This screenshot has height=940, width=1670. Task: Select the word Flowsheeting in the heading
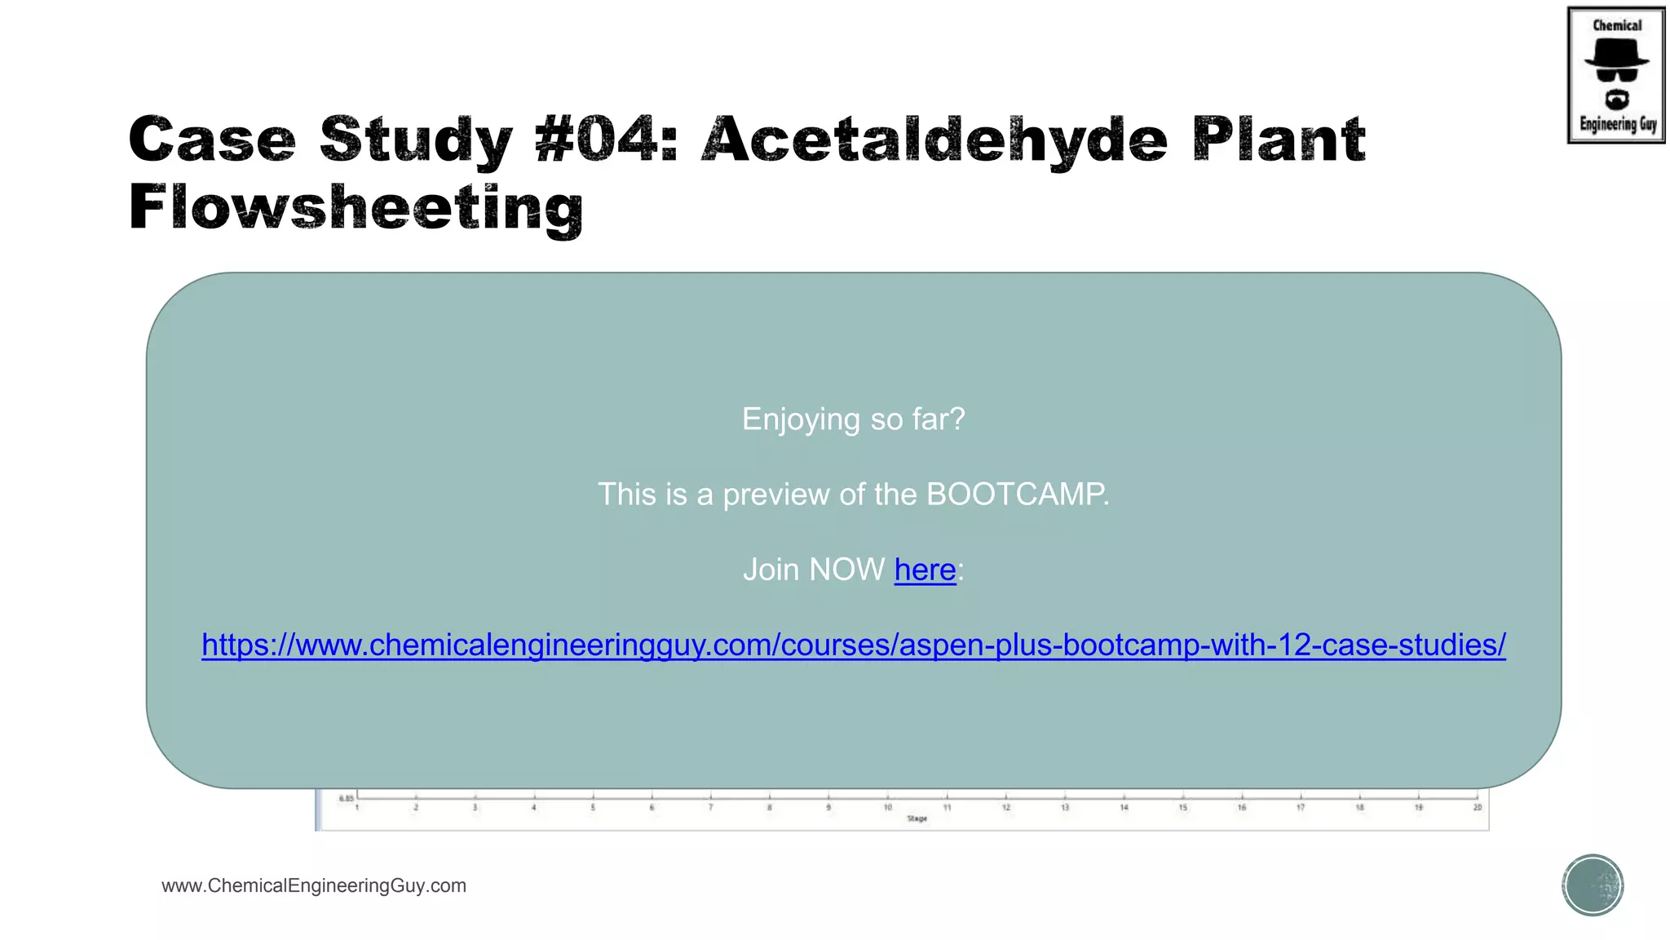[x=356, y=207]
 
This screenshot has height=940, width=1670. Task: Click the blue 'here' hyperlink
[x=925, y=570]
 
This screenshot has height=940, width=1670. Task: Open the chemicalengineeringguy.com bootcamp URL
[x=854, y=645]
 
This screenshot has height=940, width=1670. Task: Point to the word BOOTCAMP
[x=1015, y=494]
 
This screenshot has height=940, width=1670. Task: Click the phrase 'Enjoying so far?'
[x=853, y=419]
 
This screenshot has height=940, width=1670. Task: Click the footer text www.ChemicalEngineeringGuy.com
[x=314, y=885]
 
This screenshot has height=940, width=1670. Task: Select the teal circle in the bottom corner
[x=1593, y=885]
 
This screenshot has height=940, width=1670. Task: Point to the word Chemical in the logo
[x=1617, y=25]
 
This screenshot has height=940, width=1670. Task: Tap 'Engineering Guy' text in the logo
[x=1618, y=124]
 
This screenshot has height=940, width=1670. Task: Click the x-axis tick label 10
[x=888, y=807]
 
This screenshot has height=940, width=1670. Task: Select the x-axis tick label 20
[x=1477, y=807]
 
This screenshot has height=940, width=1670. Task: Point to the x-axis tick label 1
[x=357, y=807]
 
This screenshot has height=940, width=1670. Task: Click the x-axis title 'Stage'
[x=917, y=818]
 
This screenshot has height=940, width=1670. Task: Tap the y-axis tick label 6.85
[x=347, y=798]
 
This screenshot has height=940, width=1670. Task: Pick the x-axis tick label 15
[x=1182, y=807]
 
